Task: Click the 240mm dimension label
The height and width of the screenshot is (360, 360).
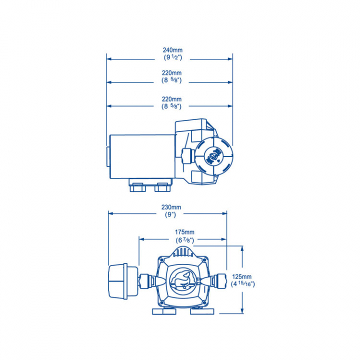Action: (172, 50)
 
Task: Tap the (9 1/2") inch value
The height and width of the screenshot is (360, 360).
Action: (173, 57)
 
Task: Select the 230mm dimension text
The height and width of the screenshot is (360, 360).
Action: (171, 207)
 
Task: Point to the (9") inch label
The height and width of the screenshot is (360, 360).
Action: (170, 214)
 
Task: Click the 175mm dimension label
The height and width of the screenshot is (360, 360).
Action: (184, 232)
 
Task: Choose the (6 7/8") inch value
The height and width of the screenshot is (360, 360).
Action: (185, 240)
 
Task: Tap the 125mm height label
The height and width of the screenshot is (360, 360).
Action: (242, 276)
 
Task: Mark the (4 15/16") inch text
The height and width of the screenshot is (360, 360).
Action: (243, 284)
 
